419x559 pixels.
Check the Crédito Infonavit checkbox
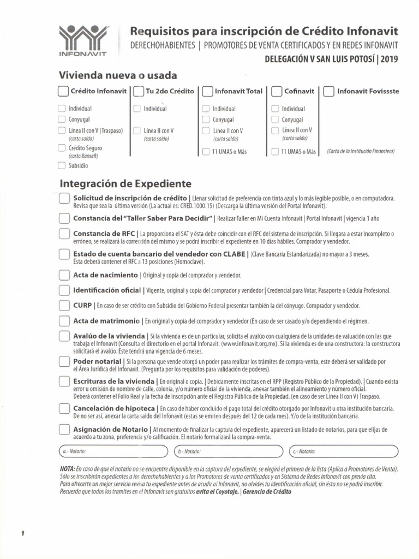click(x=63, y=92)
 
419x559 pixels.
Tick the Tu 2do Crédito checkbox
click(x=138, y=92)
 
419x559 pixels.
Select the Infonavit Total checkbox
click(x=207, y=92)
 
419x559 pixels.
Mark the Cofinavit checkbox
click(x=277, y=92)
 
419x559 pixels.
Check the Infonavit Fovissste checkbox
click(x=328, y=92)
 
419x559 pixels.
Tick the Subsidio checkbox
click(x=62, y=165)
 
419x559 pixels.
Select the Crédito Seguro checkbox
click(x=62, y=148)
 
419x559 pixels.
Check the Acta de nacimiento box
click(x=64, y=275)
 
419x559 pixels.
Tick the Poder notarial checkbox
click(x=64, y=362)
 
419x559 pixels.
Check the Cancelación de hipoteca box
click(x=64, y=409)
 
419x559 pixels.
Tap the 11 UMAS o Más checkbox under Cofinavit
click(x=275, y=152)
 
